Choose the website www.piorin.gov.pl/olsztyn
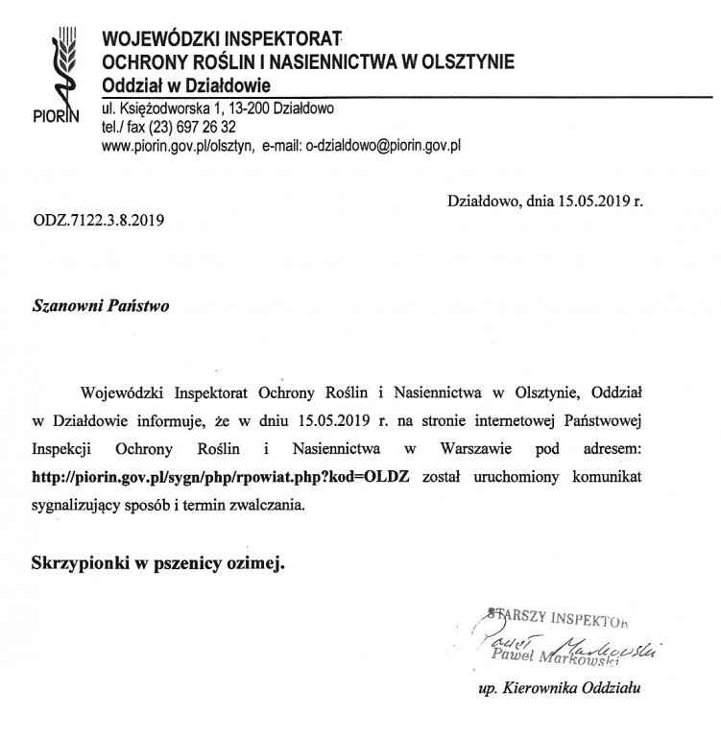[x=177, y=146]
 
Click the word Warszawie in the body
[x=461, y=448]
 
